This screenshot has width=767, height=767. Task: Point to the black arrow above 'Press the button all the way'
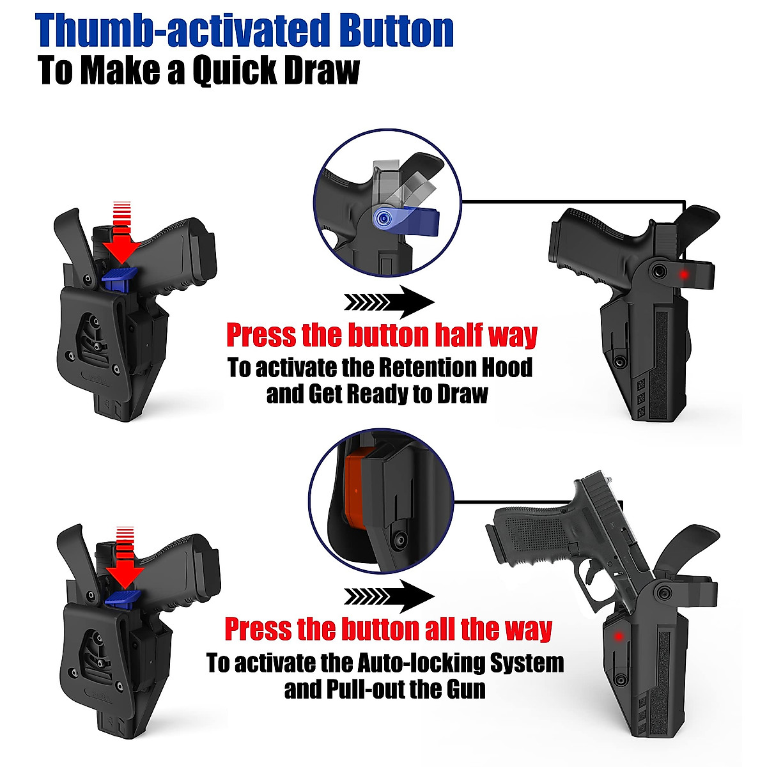coord(389,596)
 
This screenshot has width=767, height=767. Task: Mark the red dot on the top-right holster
coord(684,275)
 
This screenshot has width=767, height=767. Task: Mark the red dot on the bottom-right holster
coord(619,635)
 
